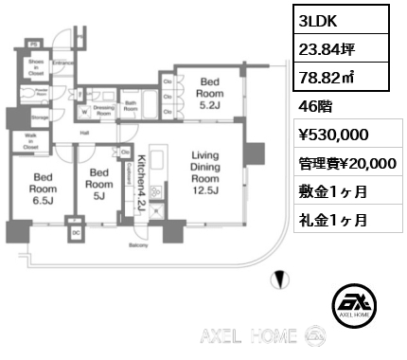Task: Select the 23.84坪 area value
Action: point(326,48)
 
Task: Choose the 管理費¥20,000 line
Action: point(346,163)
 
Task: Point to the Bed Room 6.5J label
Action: point(42,189)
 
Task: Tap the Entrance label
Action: point(63,63)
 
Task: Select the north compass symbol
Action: point(277,279)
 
